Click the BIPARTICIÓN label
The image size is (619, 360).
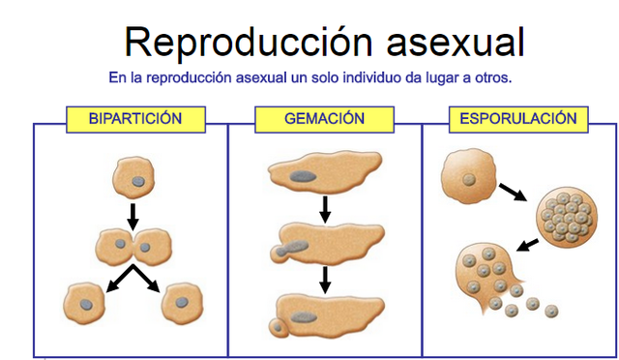pos(134,120)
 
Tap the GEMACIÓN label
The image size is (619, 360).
pos(324,120)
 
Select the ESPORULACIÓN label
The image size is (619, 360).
pos(518,120)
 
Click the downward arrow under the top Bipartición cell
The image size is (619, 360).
pos(133,213)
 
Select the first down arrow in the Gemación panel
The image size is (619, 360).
pos(326,206)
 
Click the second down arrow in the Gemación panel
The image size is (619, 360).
pos(326,279)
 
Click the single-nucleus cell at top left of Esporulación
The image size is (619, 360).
pos(466,177)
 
